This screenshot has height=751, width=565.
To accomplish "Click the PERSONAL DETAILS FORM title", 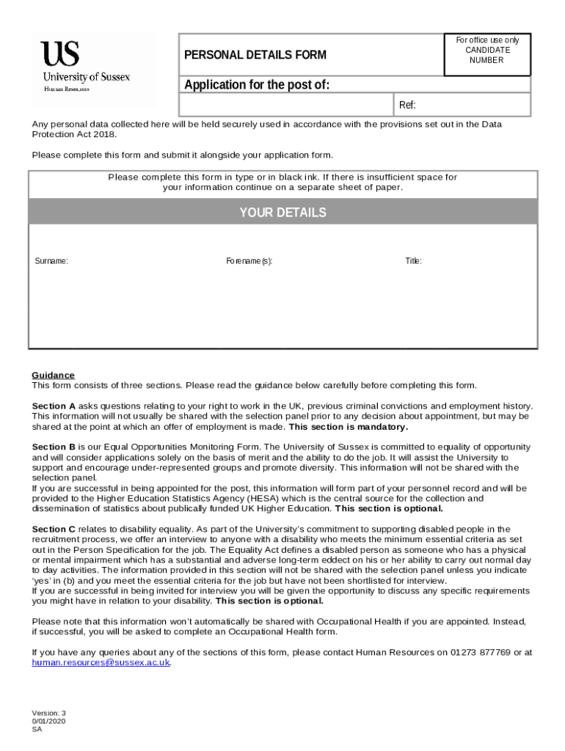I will point(255,55).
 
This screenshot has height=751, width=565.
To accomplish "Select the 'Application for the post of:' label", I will point(256,85).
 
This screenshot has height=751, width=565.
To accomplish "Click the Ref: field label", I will point(407,106).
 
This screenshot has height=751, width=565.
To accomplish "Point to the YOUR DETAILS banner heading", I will point(282,213).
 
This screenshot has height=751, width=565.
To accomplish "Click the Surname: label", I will point(52,261).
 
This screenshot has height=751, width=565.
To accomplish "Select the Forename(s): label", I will point(249,261).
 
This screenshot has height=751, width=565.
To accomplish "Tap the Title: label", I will point(413,261).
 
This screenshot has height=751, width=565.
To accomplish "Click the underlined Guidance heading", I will point(53,375).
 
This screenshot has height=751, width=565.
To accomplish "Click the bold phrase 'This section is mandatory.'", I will point(349,427).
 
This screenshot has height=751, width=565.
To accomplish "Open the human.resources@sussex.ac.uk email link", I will point(101,662).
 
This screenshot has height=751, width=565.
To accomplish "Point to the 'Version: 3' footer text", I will point(48,713).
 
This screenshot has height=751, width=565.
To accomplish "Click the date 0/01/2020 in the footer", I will point(48,722).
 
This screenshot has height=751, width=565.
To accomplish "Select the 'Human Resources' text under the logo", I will point(67,89).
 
